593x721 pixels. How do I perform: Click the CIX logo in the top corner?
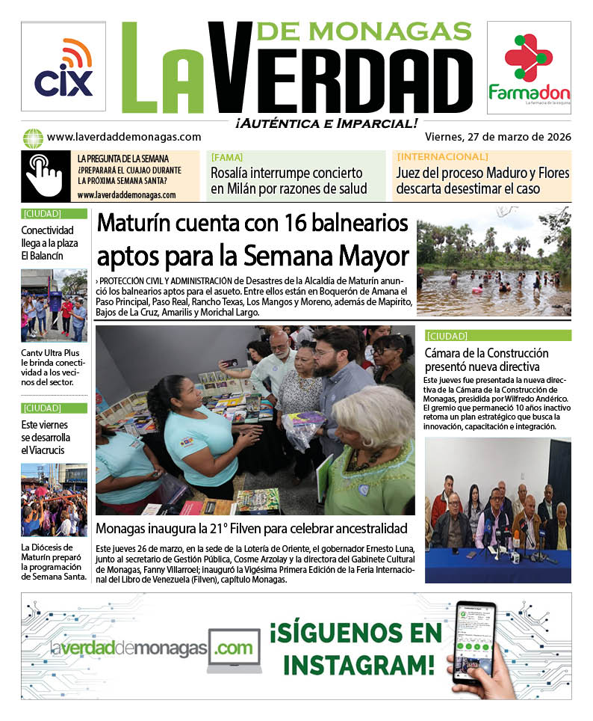63,67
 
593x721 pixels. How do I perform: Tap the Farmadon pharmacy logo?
529,68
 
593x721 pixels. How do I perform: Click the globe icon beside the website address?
33,138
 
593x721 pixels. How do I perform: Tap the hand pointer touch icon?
45,176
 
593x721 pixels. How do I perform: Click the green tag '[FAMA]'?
226,157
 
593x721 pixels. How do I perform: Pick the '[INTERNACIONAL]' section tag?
442,157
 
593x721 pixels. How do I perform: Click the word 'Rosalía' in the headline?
235,174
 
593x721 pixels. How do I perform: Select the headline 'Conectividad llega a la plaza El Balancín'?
49,243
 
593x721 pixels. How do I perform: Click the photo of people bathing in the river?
494,261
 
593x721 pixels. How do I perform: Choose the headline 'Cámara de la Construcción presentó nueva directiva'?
486,360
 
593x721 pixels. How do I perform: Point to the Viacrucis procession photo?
54,500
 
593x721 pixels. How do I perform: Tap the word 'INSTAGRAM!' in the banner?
358,663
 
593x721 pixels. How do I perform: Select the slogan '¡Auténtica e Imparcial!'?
326,123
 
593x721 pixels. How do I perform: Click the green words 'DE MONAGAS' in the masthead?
364,31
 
